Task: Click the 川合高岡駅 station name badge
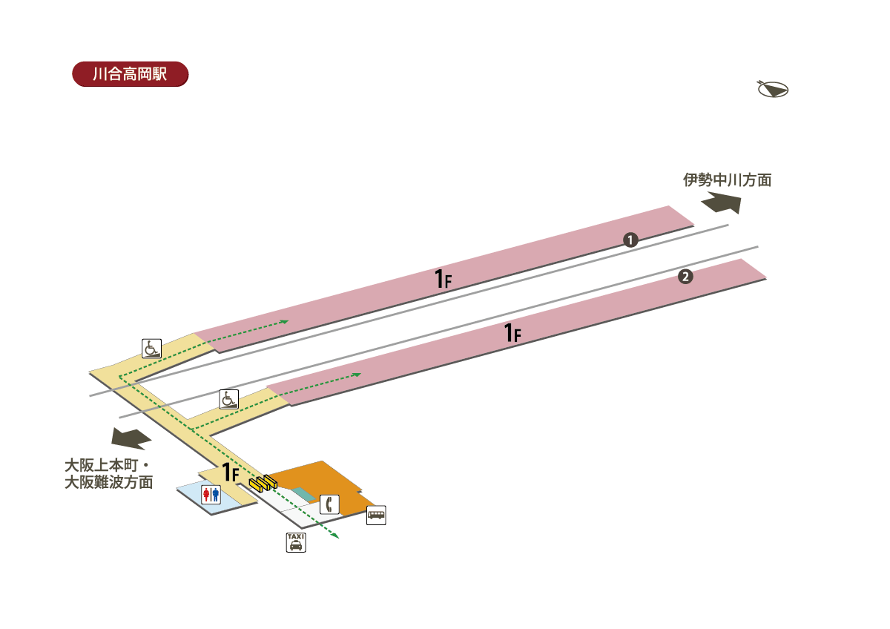(131, 74)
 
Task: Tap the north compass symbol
(772, 89)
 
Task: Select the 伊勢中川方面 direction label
(727, 180)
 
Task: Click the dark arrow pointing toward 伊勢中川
(722, 202)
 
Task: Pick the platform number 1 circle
(630, 240)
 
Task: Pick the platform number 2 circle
(685, 277)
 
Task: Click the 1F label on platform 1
(443, 279)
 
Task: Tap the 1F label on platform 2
(512, 332)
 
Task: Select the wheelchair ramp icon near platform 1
(152, 349)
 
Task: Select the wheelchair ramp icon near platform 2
(229, 399)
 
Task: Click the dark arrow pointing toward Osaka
(131, 438)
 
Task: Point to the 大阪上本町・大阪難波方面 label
(109, 474)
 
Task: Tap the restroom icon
(211, 495)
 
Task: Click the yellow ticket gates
(263, 483)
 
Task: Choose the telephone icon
(329, 504)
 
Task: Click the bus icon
(376, 515)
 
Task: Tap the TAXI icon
(296, 542)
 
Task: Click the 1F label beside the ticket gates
(231, 472)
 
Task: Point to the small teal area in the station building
(304, 494)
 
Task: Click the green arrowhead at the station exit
(335, 536)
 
